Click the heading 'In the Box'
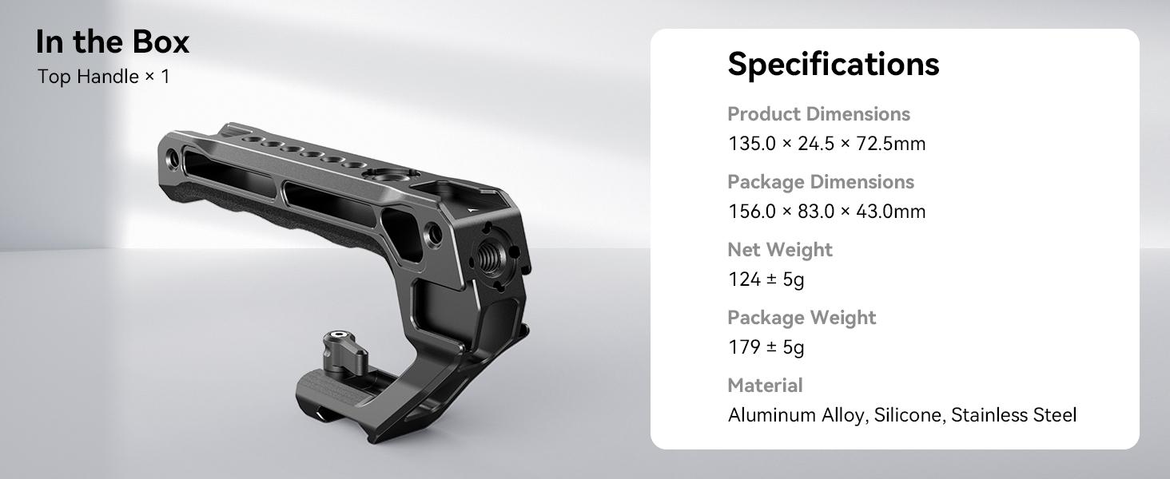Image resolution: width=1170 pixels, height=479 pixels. tap(113, 42)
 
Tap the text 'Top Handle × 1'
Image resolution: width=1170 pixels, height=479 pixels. tap(103, 77)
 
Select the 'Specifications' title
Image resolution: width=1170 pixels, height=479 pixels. tap(833, 64)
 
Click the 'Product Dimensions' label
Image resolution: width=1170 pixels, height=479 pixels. tap(818, 114)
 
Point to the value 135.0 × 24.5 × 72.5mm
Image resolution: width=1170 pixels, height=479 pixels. tap(826, 144)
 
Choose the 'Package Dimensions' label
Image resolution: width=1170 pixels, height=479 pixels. tap(820, 182)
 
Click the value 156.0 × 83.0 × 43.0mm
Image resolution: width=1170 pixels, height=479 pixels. tap(826, 212)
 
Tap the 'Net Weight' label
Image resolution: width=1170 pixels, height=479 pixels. tap(779, 250)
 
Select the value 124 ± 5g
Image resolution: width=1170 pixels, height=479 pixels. tap(766, 279)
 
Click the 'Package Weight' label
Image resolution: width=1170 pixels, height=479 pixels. tap(801, 318)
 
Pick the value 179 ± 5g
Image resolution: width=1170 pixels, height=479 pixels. tap(766, 347)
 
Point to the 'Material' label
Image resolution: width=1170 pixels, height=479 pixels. tap(765, 386)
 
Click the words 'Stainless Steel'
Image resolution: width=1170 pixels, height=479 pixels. tap(1013, 415)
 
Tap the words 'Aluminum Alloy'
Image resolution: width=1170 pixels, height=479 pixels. tap(796, 415)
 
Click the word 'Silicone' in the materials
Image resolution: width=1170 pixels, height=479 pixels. tap(908, 415)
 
